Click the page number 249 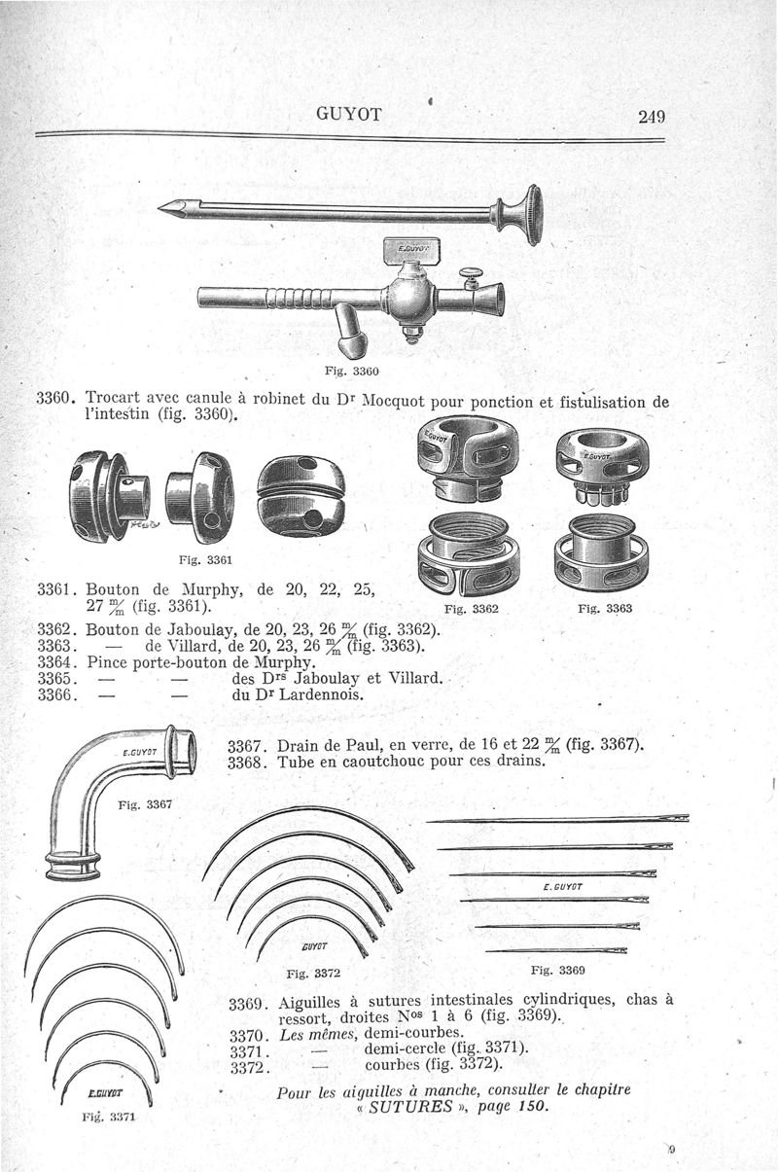click(x=651, y=117)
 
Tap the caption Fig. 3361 click(x=206, y=558)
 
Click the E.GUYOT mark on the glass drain click(x=140, y=751)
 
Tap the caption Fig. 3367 click(x=144, y=805)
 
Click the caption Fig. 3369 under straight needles click(x=558, y=970)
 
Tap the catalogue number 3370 click(x=246, y=1033)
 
